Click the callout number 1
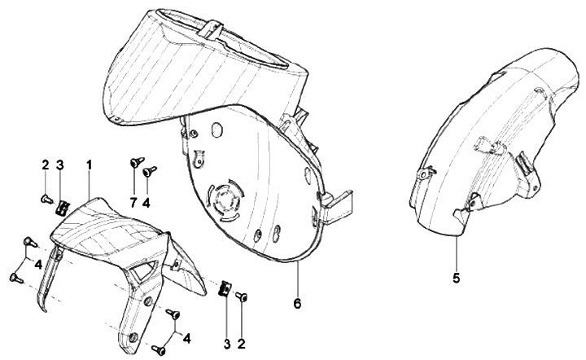[x=89, y=165]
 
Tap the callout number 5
[x=456, y=278]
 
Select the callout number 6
[x=297, y=303]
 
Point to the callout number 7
[x=133, y=203]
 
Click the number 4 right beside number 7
[x=146, y=203]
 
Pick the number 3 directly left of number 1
[x=60, y=165]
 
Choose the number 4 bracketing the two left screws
[x=38, y=265]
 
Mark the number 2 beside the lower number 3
[x=242, y=344]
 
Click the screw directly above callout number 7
[x=137, y=162]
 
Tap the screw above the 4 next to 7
[x=150, y=171]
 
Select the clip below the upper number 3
[x=62, y=207]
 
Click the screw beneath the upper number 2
[x=46, y=200]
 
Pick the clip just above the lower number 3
[x=225, y=288]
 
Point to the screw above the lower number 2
[x=242, y=297]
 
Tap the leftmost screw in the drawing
[x=16, y=278]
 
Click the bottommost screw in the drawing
[x=159, y=350]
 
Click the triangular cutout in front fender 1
[x=144, y=270]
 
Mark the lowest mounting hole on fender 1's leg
[x=133, y=337]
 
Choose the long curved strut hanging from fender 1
[x=49, y=279]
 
